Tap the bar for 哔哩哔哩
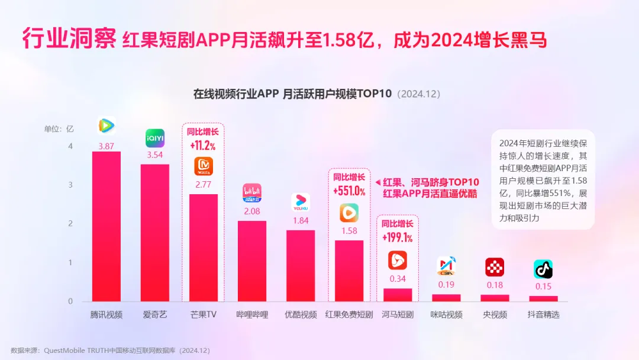point(252,261)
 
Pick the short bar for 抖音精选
point(543,298)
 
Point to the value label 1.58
point(349,231)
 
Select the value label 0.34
point(398,279)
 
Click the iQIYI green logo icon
point(155,139)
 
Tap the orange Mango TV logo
point(204,166)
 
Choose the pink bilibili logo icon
point(252,193)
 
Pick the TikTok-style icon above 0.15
point(543,269)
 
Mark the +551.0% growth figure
point(349,191)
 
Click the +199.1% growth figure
point(398,238)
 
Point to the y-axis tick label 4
point(70,146)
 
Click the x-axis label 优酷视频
point(301,315)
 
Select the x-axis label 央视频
point(495,315)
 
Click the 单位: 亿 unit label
point(59,128)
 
